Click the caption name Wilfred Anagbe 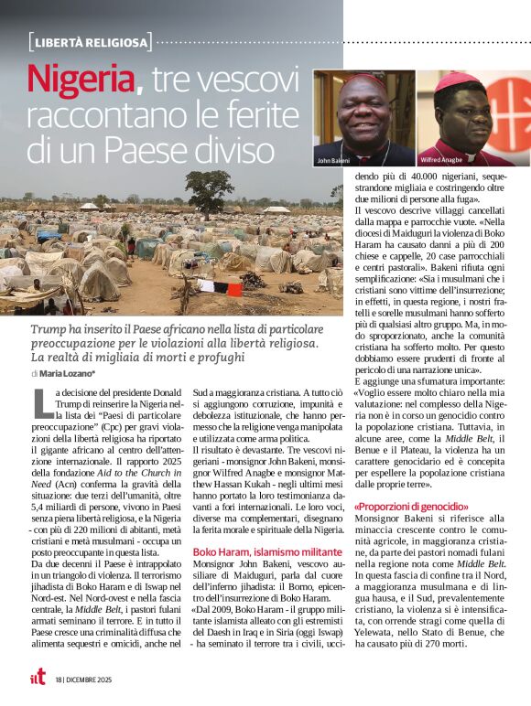click(444, 160)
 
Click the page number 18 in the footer click(58, 680)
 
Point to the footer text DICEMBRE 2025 click(90, 680)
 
